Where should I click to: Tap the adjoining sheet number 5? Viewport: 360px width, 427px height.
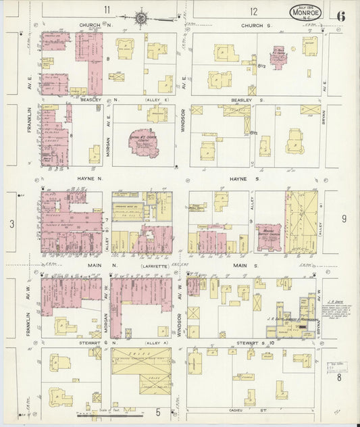click(x=157, y=411)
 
